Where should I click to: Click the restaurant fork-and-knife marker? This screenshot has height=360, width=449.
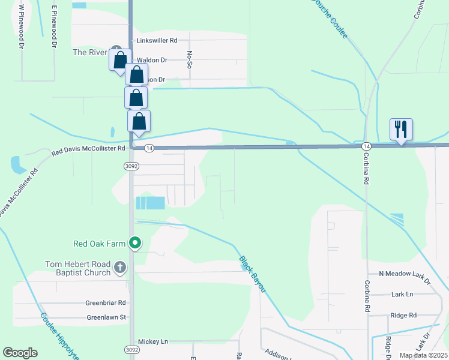401,129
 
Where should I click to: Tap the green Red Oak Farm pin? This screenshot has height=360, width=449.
136,243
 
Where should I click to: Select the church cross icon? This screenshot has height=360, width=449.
120,268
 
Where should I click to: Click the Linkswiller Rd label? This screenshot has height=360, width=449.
157,40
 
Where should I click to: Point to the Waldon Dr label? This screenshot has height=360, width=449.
152,60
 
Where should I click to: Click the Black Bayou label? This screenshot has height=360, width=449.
253,275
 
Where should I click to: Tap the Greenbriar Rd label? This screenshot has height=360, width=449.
105,303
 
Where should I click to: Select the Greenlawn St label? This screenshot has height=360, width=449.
106,317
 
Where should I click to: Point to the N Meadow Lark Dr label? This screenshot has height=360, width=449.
405,274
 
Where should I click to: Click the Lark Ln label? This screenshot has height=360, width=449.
402,294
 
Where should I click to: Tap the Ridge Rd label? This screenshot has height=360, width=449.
403,315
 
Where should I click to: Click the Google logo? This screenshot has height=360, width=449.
20,353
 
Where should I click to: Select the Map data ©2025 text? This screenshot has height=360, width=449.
423,355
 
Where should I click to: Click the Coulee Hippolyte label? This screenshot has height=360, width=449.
59,335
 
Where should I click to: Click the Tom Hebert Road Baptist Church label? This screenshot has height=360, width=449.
79,268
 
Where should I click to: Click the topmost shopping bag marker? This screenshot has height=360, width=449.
120,60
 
